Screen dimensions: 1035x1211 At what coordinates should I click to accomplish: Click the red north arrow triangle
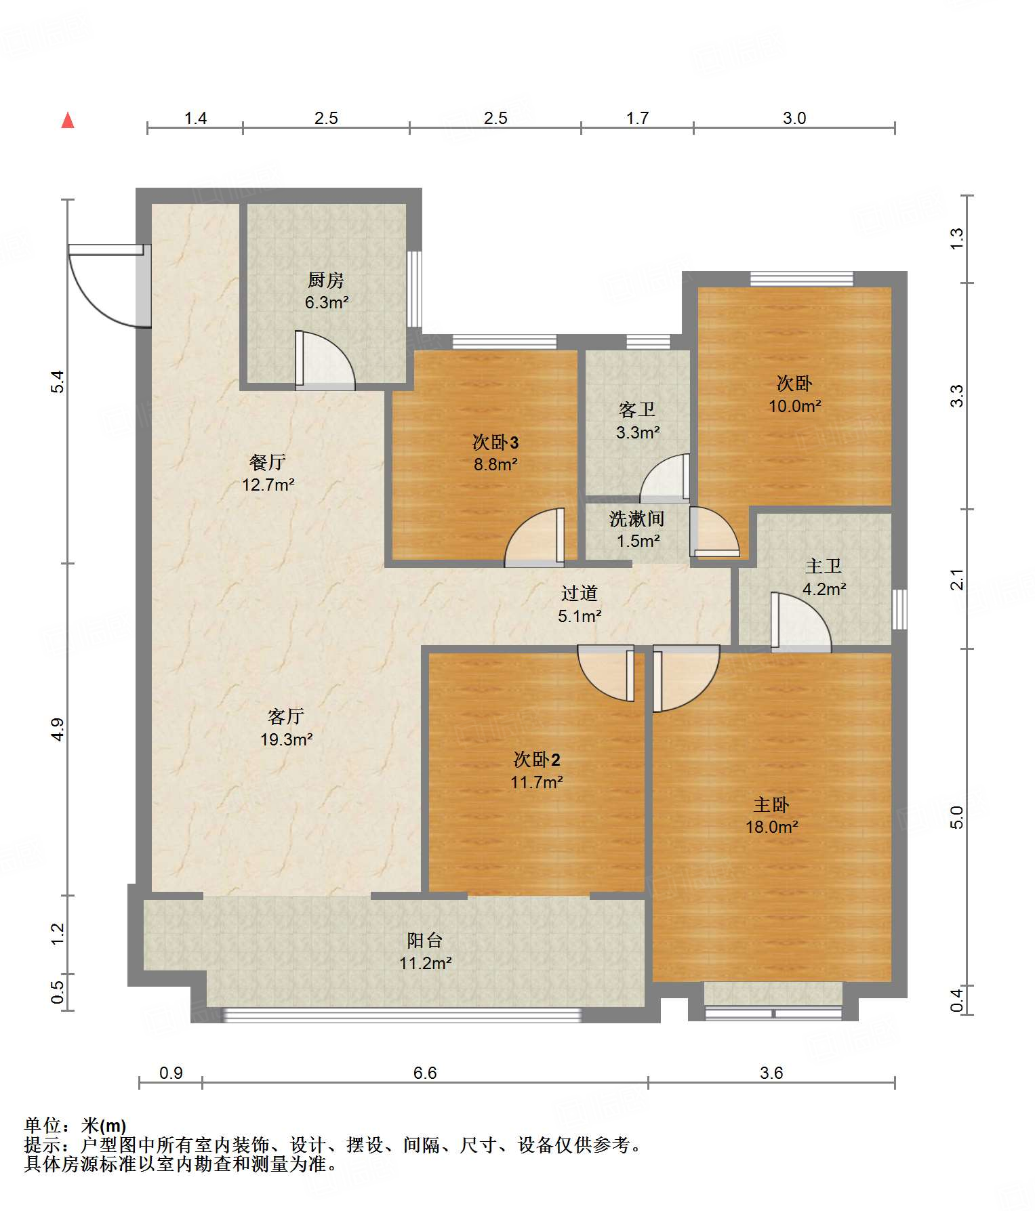point(68,121)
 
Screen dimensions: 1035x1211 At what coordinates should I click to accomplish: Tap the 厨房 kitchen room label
point(326,279)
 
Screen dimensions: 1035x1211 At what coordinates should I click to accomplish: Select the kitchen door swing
point(325,361)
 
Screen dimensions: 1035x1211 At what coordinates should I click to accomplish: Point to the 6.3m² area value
point(327,302)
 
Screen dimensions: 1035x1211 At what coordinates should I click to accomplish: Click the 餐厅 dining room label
point(268,462)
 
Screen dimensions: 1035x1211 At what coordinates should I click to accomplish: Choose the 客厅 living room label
point(286,716)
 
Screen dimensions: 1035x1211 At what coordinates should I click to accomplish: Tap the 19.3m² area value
point(287,739)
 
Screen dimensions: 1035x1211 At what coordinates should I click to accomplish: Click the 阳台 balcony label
point(425,940)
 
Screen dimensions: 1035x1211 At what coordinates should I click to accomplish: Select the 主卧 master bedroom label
point(771,804)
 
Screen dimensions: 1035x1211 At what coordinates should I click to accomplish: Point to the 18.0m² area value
point(772,827)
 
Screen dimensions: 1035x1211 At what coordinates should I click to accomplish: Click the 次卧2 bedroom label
point(537,759)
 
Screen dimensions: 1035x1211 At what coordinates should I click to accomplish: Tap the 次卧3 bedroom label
point(495,442)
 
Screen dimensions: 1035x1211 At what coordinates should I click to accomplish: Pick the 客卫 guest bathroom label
point(637,409)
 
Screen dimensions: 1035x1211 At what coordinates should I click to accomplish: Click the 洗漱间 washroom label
point(636,518)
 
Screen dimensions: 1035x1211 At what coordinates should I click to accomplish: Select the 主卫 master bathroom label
point(824,566)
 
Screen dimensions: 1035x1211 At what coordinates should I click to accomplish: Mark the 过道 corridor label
point(580,593)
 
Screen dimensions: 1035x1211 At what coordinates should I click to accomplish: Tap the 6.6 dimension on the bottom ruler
point(425,1073)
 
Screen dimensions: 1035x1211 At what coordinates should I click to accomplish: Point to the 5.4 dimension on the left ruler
point(58,382)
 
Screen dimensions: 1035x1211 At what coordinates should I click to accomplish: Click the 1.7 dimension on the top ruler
point(637,118)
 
